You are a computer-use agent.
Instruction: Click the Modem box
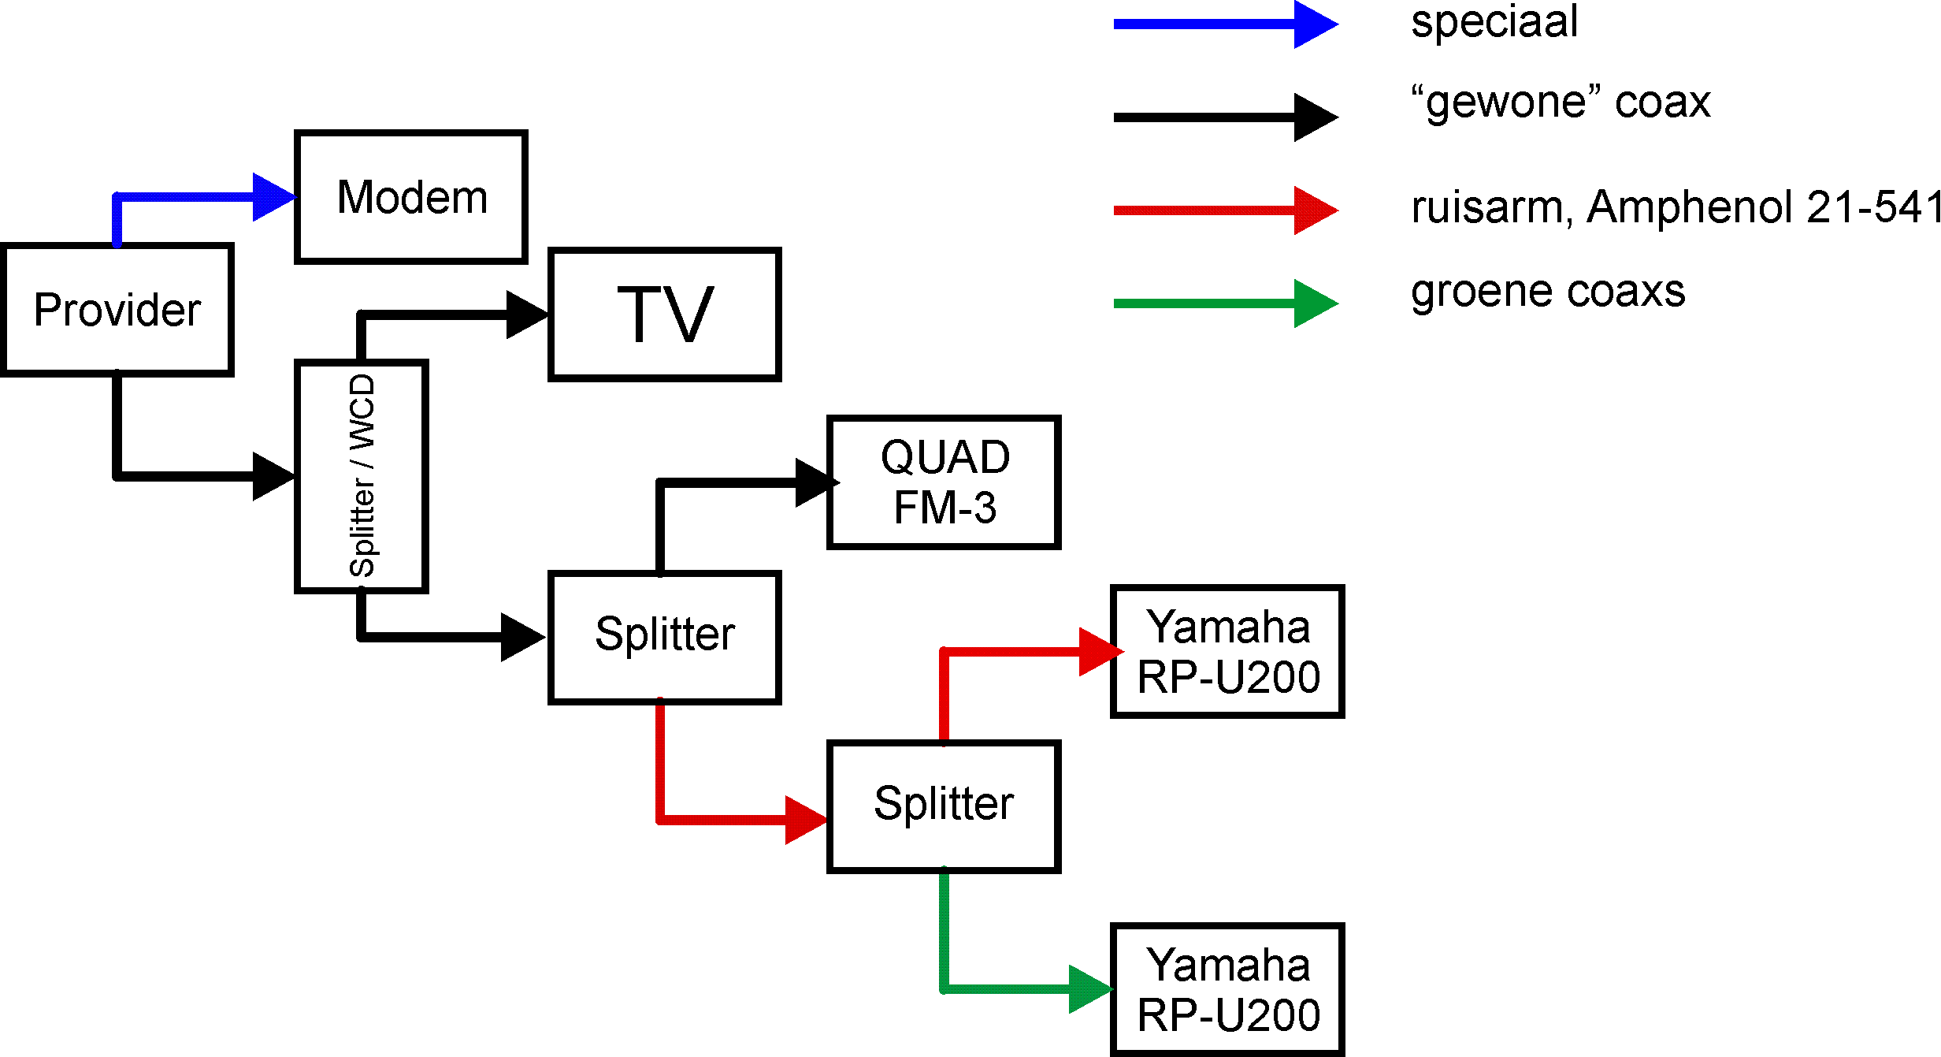pyautogui.click(x=410, y=197)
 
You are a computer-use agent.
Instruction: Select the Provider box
pyautogui.click(x=117, y=309)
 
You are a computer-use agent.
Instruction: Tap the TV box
pyautogui.click(x=664, y=315)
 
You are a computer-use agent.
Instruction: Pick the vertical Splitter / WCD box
pyautogui.click(x=362, y=476)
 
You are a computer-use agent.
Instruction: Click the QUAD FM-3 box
pyautogui.click(x=944, y=482)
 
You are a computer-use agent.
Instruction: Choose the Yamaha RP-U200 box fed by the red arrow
pyautogui.click(x=1227, y=652)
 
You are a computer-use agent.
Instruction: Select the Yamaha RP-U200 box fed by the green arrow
pyautogui.click(x=1227, y=989)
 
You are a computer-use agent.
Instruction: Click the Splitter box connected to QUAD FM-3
pyautogui.click(x=664, y=637)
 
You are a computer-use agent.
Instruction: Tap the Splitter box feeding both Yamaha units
pyautogui.click(x=944, y=806)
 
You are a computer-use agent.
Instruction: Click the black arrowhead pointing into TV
pyautogui.click(x=526, y=315)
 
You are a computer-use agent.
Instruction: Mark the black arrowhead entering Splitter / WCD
pyautogui.click(x=273, y=476)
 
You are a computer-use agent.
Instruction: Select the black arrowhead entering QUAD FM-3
pyautogui.click(x=816, y=482)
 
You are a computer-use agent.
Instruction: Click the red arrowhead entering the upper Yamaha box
pyautogui.click(x=1100, y=652)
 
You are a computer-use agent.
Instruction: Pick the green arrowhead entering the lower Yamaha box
pyautogui.click(x=1089, y=989)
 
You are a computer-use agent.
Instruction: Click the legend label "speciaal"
pyautogui.click(x=1494, y=21)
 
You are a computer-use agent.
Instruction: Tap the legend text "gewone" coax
pyautogui.click(x=1560, y=102)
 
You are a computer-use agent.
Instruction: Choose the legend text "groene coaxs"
pyautogui.click(x=1548, y=292)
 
